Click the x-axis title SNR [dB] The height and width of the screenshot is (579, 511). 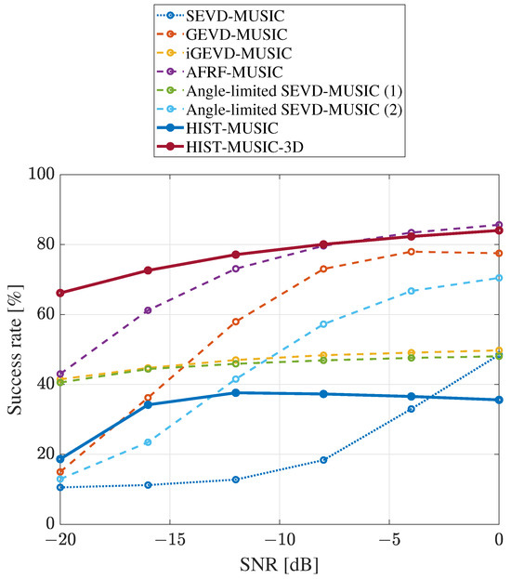pyautogui.click(x=279, y=565)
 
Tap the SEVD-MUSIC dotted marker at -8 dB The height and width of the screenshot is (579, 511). pyautogui.click(x=323, y=460)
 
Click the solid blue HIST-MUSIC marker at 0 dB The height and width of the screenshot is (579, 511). pyautogui.click(x=499, y=400)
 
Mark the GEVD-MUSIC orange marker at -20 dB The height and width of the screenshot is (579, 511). pyautogui.click(x=60, y=472)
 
